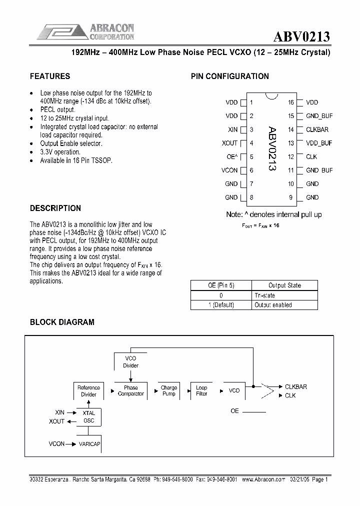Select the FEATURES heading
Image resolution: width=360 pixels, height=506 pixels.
point(50,76)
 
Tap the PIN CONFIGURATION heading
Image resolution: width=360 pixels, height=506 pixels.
point(230,76)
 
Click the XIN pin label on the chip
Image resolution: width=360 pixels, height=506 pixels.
point(232,129)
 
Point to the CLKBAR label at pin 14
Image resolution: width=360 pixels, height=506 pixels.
point(317,129)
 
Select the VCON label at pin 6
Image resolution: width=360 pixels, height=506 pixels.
point(229,170)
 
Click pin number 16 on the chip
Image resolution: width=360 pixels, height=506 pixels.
point(290,102)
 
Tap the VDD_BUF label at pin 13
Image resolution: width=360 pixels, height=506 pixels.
point(319,143)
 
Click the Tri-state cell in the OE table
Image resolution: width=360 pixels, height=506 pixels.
point(265,295)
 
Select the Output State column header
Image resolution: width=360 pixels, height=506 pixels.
point(284,285)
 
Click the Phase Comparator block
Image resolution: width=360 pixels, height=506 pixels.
point(131,390)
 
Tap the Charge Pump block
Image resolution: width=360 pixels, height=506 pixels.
point(169,390)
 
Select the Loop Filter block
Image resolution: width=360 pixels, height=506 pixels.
point(201,390)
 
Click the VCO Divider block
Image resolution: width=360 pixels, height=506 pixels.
point(131,362)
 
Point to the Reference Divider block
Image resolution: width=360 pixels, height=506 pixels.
point(88,391)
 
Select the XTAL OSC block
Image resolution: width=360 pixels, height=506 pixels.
point(88,417)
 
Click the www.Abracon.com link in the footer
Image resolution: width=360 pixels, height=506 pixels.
point(263,479)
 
